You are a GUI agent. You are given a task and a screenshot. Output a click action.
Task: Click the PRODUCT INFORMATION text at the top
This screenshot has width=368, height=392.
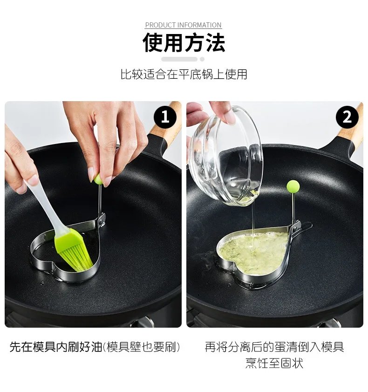point(183,25)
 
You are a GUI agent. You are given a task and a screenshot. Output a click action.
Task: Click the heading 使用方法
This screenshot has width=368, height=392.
point(184,43)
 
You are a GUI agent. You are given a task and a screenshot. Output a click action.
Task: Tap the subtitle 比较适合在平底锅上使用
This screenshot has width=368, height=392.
point(184,74)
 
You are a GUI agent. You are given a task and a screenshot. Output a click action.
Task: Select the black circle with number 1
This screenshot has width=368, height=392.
point(165,117)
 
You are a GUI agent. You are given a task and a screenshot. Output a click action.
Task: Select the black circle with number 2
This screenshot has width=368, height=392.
point(347,117)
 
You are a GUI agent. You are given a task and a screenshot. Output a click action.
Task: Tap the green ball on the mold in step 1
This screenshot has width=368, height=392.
point(98,179)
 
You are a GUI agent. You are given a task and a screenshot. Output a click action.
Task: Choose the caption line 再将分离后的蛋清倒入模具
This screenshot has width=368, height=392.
point(274,347)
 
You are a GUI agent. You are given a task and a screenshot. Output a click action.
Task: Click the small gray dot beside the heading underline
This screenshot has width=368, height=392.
point(202,59)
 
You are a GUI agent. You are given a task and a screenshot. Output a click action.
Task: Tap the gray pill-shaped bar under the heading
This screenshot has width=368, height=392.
point(179,59)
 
